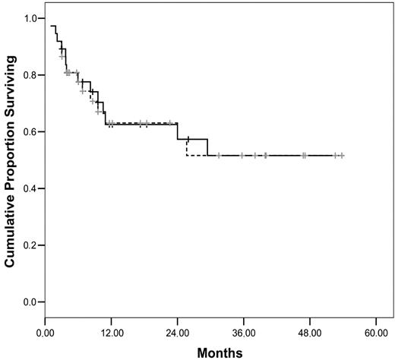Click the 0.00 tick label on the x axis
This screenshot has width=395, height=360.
(x=45, y=333)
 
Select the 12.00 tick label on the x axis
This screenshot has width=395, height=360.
(x=111, y=333)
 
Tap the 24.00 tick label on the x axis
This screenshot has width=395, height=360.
(x=177, y=333)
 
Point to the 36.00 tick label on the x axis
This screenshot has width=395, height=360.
(x=244, y=333)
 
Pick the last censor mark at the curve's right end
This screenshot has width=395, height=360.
(x=342, y=155)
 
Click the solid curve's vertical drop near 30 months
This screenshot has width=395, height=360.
(x=207, y=147)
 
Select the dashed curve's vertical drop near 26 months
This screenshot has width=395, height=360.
(x=187, y=147)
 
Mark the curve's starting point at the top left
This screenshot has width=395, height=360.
(x=50, y=26)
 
